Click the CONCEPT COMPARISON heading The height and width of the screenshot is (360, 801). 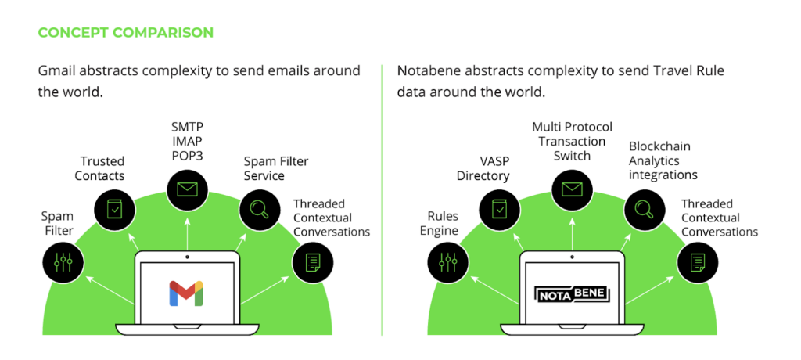(x=125, y=33)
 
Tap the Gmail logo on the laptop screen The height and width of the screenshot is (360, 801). (x=186, y=292)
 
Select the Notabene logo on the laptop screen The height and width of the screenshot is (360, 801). (x=573, y=294)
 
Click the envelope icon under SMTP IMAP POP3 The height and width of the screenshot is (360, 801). (x=187, y=189)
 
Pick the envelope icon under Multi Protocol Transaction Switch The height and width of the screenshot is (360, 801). (x=572, y=189)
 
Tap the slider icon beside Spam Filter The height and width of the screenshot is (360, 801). (x=63, y=262)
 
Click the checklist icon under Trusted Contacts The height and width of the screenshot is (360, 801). (x=114, y=209)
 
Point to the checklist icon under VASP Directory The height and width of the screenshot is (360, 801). (x=499, y=209)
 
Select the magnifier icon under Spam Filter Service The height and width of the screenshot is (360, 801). (x=259, y=209)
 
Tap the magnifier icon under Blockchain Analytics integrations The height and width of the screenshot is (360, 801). (x=645, y=209)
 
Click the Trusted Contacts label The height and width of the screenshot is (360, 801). (x=99, y=168)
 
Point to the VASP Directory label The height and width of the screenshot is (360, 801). (x=483, y=168)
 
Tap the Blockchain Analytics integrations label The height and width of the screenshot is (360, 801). (x=663, y=160)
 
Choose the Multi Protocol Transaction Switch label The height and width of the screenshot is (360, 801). (x=572, y=141)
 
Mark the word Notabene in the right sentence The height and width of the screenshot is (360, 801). (x=427, y=71)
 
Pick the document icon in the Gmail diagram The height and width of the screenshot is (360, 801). (x=312, y=262)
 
